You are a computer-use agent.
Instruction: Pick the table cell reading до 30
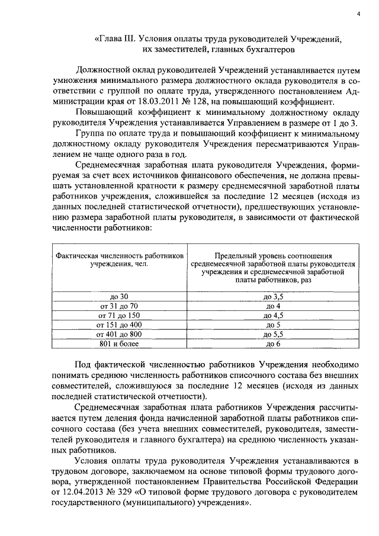click(119, 296)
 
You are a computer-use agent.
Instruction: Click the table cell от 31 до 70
click(119, 306)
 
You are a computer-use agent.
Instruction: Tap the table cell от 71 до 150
click(119, 315)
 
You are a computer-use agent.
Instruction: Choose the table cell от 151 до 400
click(119, 325)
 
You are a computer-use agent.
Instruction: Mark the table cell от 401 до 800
click(119, 334)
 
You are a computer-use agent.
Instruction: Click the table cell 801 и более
click(119, 344)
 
